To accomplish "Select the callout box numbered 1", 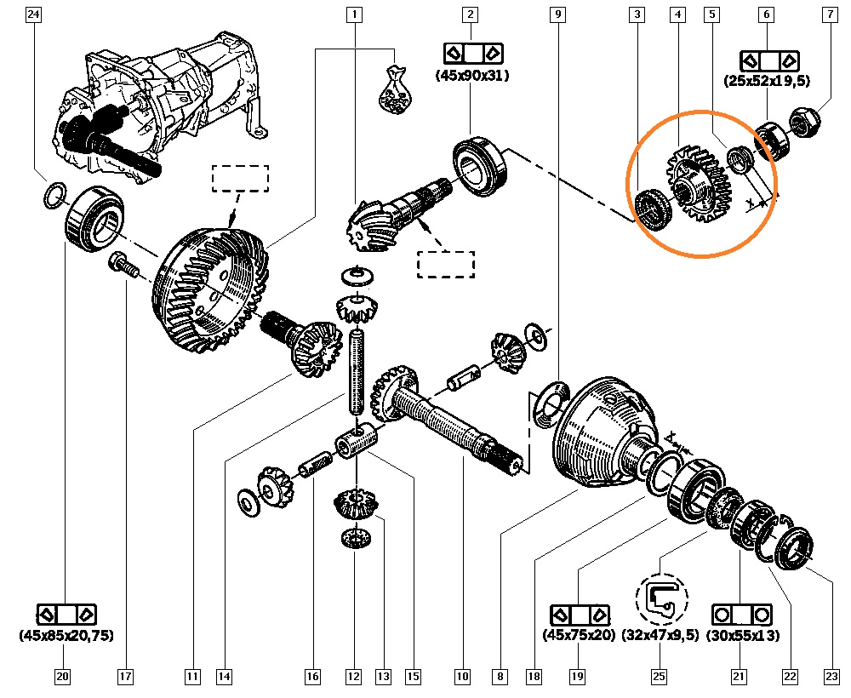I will [353, 14].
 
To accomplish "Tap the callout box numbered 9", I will [557, 14].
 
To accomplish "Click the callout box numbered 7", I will [829, 14].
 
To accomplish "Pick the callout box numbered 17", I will [125, 678].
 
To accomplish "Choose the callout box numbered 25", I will [659, 678].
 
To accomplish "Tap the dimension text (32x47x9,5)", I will [660, 635].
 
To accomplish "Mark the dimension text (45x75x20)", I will [578, 635].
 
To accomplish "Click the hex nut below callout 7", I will [804, 123].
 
